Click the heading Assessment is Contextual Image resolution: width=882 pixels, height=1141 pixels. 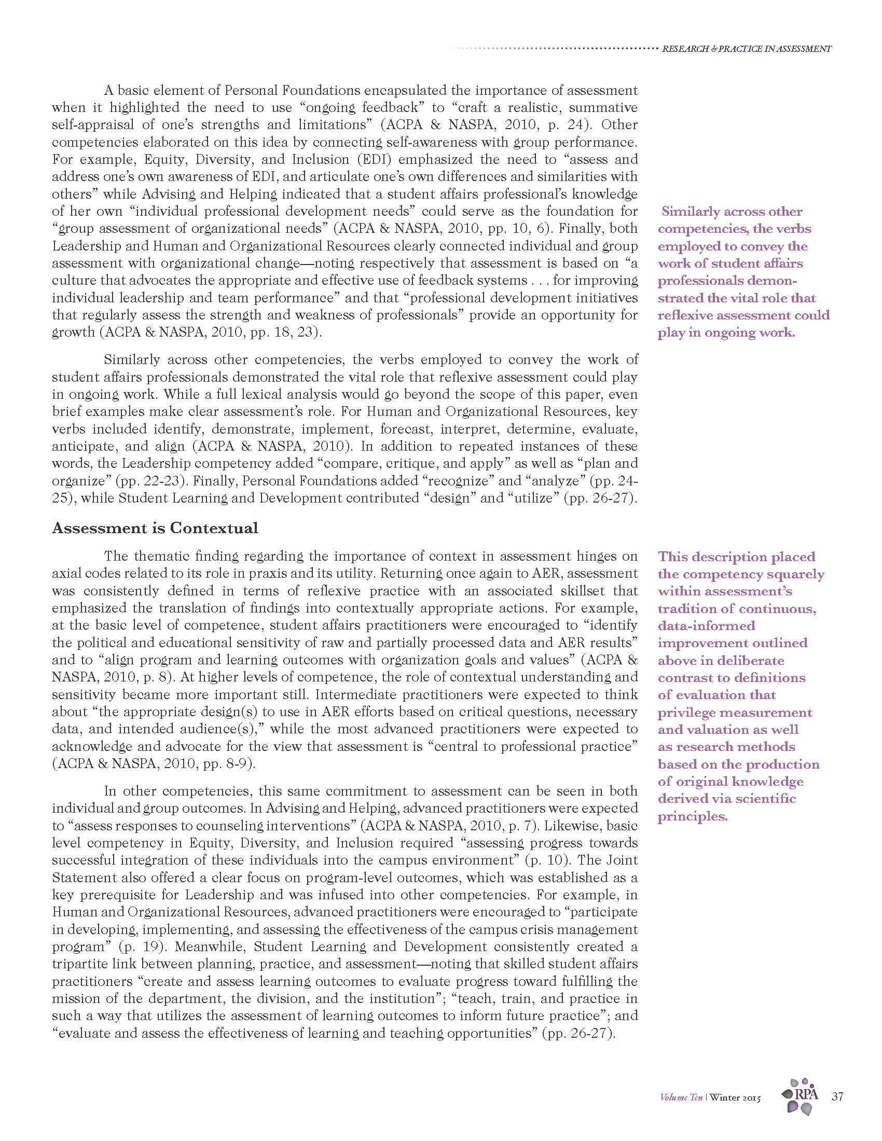pos(155,528)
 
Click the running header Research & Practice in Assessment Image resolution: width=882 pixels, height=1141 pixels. pos(746,49)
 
